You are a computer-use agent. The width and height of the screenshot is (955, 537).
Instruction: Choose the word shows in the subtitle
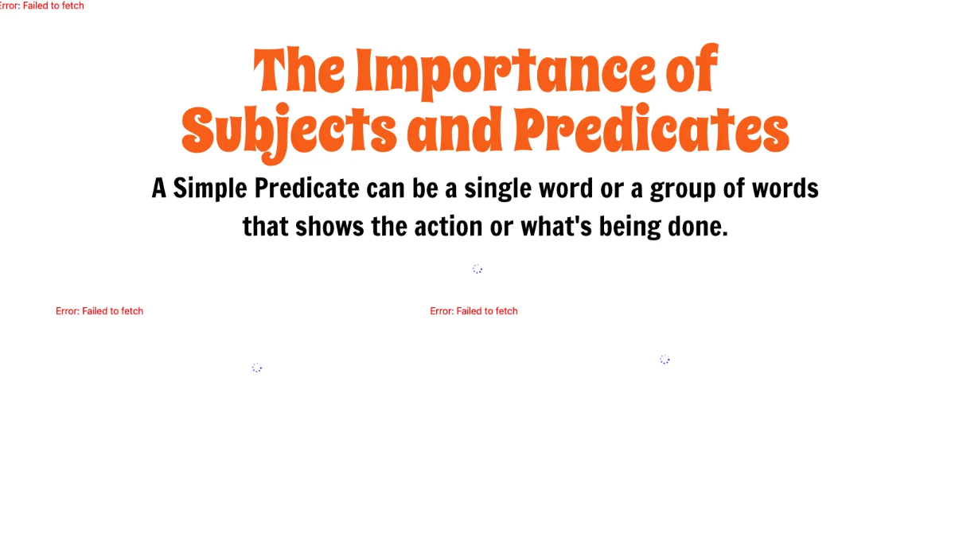(x=329, y=227)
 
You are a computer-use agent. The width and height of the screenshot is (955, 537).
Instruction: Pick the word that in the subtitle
(x=266, y=227)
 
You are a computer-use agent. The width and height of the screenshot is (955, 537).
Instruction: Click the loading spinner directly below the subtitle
(x=477, y=269)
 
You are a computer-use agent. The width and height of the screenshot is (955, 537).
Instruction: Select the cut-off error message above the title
(x=41, y=6)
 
